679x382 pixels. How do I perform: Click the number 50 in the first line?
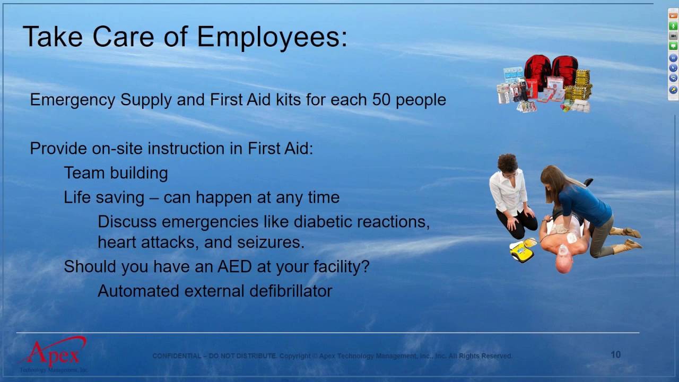coord(381,100)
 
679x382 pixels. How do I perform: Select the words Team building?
coord(116,173)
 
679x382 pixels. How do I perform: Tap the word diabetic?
coord(323,221)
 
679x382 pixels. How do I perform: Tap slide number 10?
coord(615,354)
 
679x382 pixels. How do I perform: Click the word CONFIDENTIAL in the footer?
coord(177,356)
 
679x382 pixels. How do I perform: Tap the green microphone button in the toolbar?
coord(673,26)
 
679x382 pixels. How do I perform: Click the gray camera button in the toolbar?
coord(673,36)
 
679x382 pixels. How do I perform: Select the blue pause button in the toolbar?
coord(673,58)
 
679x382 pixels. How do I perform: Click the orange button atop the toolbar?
coord(673,16)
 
